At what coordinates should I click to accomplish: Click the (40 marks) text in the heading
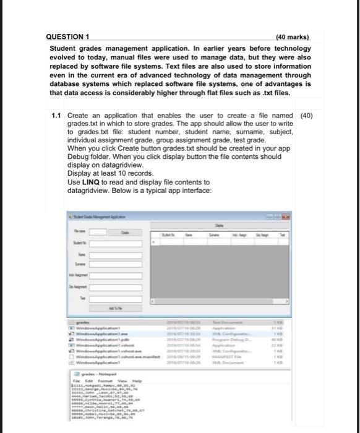[293, 37]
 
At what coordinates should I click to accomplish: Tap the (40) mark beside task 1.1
[306, 116]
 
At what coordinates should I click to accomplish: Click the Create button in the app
[125, 233]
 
